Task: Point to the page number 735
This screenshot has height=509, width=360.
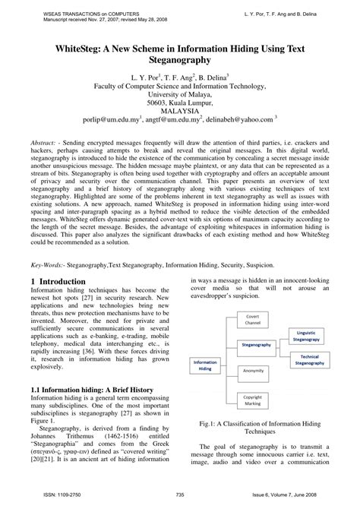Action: pos(179,492)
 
